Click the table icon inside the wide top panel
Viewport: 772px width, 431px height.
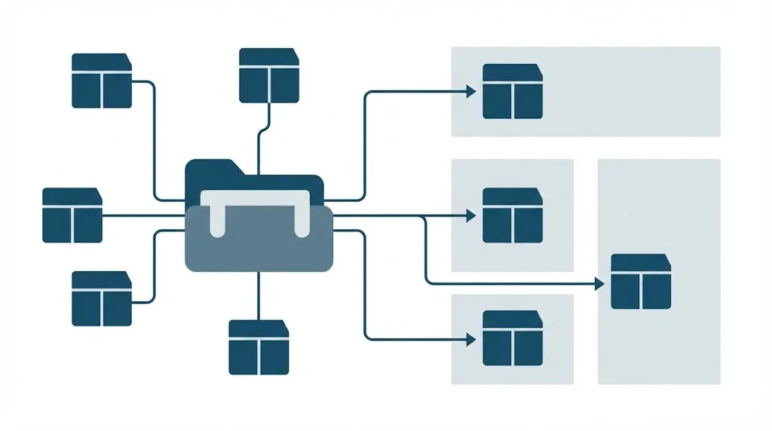[x=512, y=91]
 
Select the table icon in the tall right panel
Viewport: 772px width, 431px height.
[x=640, y=282]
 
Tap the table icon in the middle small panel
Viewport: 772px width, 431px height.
[x=512, y=215]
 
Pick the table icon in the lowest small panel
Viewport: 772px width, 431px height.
[x=512, y=338]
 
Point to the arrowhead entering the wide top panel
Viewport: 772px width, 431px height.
[x=471, y=91]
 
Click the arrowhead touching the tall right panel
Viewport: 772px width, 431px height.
[x=600, y=283]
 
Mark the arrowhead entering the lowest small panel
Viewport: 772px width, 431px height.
[x=471, y=339]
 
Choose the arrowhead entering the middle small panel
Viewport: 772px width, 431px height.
[x=471, y=216]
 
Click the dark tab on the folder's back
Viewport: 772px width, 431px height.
[x=214, y=167]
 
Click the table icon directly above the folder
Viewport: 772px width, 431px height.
[x=269, y=75]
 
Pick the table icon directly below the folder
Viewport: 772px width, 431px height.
[x=259, y=347]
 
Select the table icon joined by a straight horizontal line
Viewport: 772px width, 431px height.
[x=72, y=215]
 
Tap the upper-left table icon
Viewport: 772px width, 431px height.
[x=101, y=81]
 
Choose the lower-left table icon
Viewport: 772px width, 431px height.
[x=101, y=298]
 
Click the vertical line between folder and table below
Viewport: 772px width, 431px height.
[x=259, y=295]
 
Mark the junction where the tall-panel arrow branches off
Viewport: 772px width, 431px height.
[x=424, y=216]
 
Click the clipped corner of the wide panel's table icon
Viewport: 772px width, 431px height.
[x=537, y=68]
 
